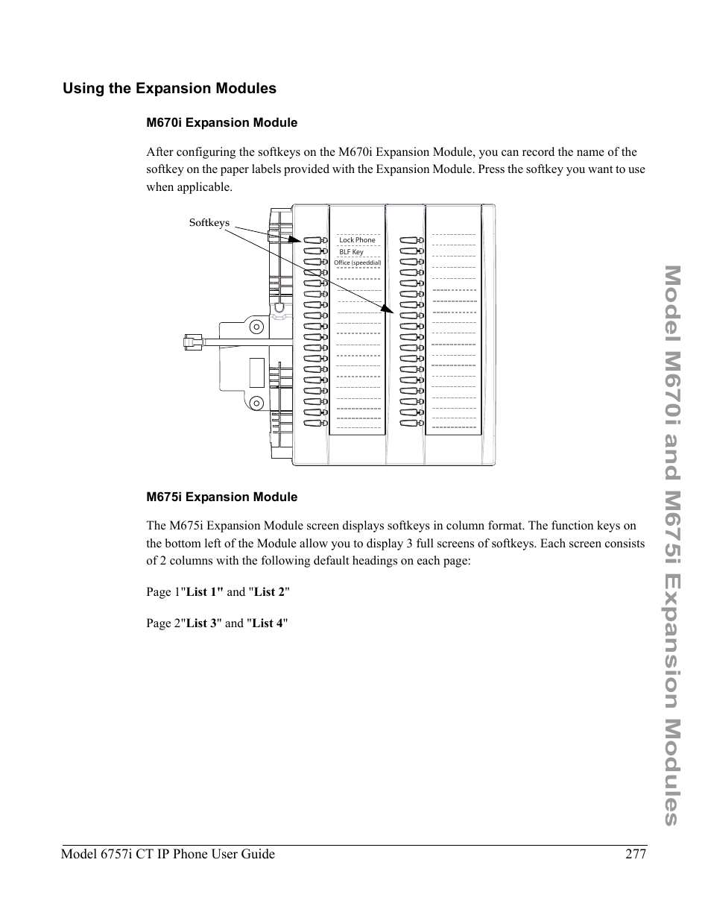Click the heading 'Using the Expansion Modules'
tap(169, 89)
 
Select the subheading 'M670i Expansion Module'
tap(221, 123)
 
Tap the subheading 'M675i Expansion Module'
tap(221, 497)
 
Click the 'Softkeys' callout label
tap(209, 223)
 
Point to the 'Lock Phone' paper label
tap(357, 240)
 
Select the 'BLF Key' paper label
tap(351, 252)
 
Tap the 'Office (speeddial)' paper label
tap(357, 263)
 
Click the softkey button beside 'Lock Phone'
tap(313, 241)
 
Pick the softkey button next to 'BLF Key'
tap(313, 251)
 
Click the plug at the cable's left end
tap(192, 343)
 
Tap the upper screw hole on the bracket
tap(256, 327)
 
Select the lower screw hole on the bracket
tap(256, 403)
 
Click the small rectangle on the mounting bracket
tap(256, 373)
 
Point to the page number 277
tap(635, 854)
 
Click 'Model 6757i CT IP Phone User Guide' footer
tap(168, 854)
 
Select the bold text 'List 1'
tap(204, 592)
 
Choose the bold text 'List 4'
tap(268, 623)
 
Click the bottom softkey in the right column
tap(409, 424)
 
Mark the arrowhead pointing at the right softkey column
tap(387, 309)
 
